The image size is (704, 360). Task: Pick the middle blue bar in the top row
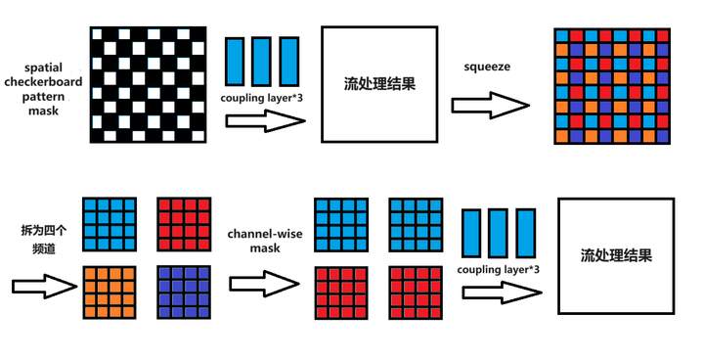point(261,62)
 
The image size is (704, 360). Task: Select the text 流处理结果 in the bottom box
point(616,256)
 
